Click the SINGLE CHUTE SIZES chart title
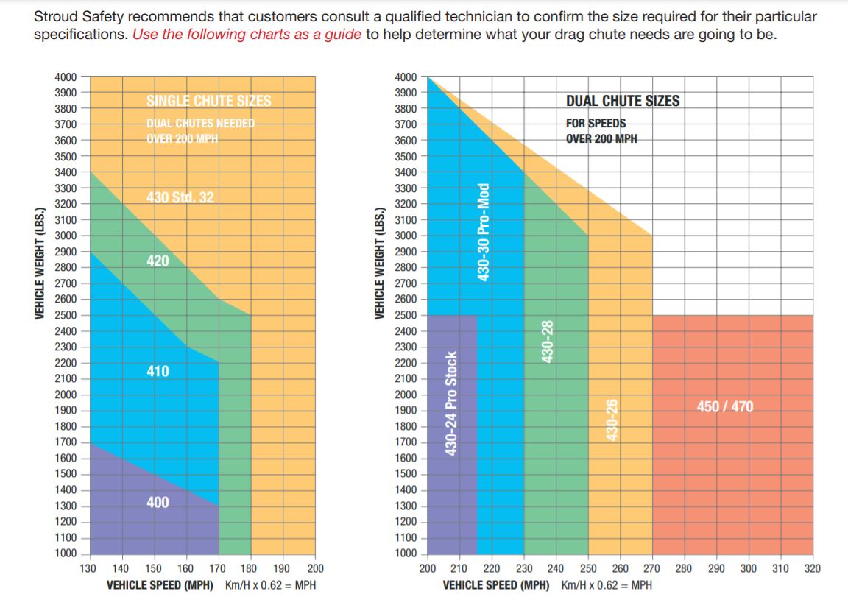point(208,101)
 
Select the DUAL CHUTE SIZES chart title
point(623,101)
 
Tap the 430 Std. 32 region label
point(180,197)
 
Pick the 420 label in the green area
point(158,261)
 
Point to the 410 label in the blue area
point(158,371)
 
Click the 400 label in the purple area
point(158,502)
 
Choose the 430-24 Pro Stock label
point(452,403)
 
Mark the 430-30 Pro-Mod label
point(484,231)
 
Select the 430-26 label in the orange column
point(610,420)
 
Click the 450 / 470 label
point(725,406)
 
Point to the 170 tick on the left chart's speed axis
point(219,568)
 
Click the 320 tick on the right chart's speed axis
point(813,568)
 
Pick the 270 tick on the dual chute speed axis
point(652,568)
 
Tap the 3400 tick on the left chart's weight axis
point(67,172)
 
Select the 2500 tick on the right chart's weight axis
point(406,315)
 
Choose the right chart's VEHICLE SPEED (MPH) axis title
point(496,585)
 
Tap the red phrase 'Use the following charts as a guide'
point(247,35)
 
